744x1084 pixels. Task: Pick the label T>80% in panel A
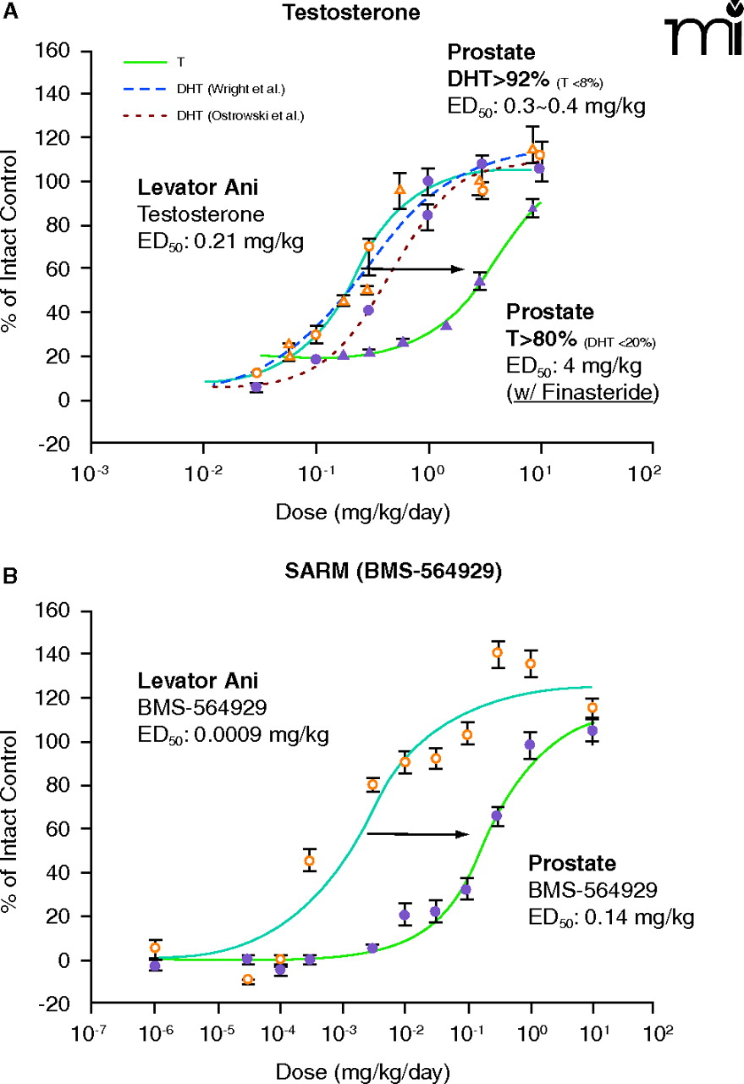pyautogui.click(x=542, y=340)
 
